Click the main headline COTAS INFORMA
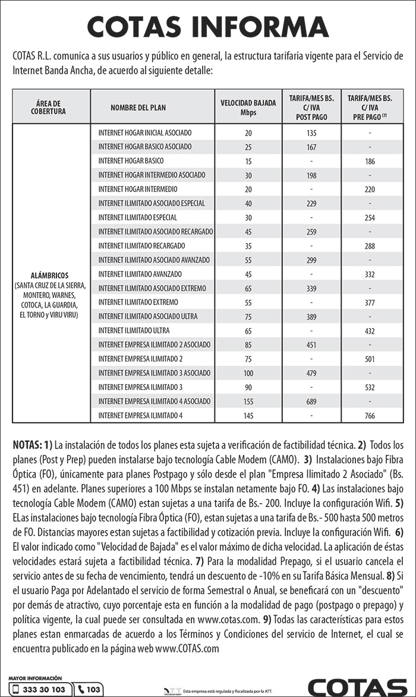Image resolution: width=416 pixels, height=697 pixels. click(x=207, y=27)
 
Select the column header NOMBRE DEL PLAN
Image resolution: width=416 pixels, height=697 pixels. click(x=138, y=108)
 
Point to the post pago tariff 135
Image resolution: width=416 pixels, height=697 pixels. click(x=311, y=133)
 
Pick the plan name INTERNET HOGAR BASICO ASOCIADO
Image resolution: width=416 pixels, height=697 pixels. click(x=145, y=147)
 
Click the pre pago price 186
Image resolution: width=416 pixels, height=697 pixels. click(x=370, y=161)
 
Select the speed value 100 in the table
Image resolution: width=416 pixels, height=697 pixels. click(x=248, y=373)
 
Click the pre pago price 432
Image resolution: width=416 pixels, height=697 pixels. click(x=370, y=331)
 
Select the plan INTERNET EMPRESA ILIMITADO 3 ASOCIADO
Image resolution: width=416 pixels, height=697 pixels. click(x=155, y=373)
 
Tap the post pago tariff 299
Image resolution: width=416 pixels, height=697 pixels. click(x=311, y=260)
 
